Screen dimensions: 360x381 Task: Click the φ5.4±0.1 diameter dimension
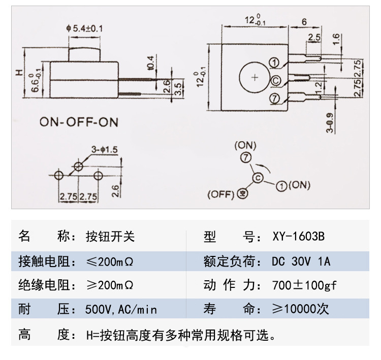(x=84, y=29)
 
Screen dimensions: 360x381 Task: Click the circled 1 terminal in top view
(x=275, y=63)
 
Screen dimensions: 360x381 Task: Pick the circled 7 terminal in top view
(x=275, y=99)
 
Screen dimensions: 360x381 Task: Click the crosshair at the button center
(x=255, y=77)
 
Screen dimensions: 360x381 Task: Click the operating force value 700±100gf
(x=304, y=285)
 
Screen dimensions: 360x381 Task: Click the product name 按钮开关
(x=111, y=237)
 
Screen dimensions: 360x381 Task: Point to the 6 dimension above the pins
(x=304, y=22)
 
